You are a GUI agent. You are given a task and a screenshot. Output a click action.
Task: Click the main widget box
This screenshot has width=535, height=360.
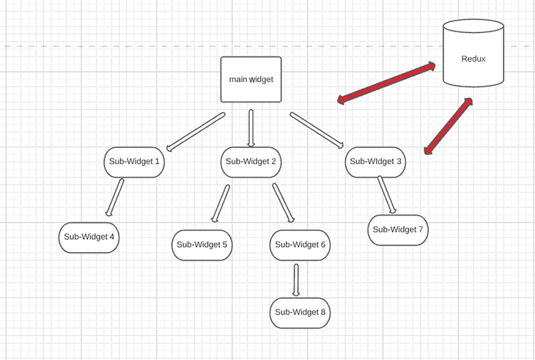click(251, 79)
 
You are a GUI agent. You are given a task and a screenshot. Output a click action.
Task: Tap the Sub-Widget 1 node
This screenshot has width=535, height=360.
click(133, 162)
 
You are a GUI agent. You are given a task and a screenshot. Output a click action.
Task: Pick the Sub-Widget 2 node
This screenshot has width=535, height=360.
click(251, 162)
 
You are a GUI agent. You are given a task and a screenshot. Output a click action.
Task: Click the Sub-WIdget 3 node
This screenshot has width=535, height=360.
click(375, 162)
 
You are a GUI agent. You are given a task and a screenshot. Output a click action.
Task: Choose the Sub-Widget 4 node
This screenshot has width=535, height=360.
click(89, 237)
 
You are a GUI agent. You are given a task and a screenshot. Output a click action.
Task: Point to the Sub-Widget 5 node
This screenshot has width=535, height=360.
click(202, 245)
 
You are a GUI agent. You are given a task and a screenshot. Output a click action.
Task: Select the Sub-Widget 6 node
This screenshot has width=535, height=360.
click(300, 245)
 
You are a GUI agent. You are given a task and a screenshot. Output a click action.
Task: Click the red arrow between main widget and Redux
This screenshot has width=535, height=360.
click(386, 83)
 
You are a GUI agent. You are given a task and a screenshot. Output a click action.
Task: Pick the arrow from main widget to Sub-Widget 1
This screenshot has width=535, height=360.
click(196, 131)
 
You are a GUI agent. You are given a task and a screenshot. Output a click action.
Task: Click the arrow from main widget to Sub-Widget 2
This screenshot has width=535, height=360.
click(251, 128)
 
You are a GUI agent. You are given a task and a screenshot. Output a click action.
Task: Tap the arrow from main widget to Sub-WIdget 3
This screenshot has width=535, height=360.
click(317, 130)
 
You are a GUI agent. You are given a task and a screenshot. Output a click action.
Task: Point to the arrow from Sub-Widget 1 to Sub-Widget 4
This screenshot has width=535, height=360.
click(114, 197)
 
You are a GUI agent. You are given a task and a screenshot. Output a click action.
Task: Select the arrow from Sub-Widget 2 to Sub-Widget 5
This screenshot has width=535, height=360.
click(220, 203)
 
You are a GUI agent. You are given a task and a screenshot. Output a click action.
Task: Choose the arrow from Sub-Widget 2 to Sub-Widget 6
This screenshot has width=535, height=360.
click(284, 202)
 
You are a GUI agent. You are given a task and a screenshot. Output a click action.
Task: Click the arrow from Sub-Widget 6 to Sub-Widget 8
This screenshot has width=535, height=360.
click(296, 279)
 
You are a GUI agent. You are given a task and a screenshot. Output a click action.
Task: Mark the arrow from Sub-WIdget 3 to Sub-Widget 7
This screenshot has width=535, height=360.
click(386, 195)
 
